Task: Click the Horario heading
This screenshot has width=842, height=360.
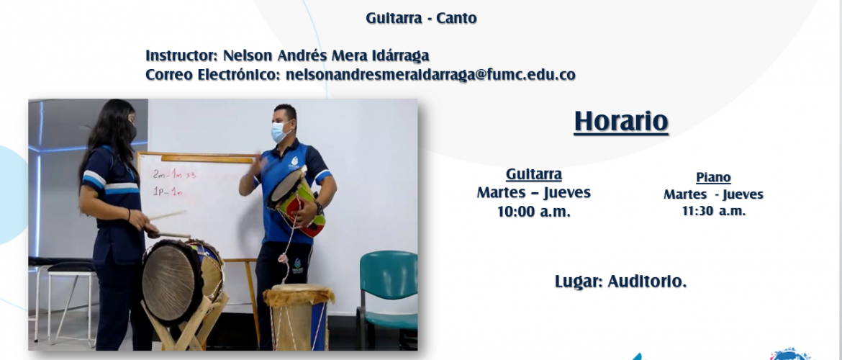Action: (x=621, y=122)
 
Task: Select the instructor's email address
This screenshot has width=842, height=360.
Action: (x=430, y=75)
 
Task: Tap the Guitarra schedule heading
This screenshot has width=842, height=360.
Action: (x=534, y=175)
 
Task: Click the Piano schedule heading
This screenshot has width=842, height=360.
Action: (x=713, y=177)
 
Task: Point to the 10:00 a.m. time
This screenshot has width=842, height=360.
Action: (x=534, y=212)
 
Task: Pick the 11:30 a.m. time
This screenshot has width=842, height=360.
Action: (x=714, y=212)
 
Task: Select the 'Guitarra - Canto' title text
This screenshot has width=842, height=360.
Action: (x=422, y=18)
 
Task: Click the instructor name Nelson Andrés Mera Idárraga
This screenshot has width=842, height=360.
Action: (x=326, y=56)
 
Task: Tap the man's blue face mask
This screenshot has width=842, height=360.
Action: (x=281, y=132)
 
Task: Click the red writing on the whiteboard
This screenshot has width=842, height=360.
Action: (x=168, y=182)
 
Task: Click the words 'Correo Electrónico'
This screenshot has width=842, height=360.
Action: (x=212, y=75)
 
